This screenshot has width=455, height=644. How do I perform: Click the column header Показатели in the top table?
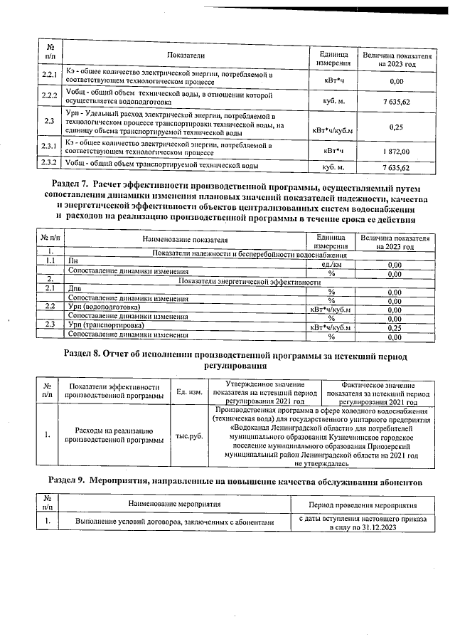click(x=186, y=55)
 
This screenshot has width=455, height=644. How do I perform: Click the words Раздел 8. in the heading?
click(x=83, y=354)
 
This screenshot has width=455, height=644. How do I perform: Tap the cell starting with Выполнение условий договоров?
click(x=174, y=522)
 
